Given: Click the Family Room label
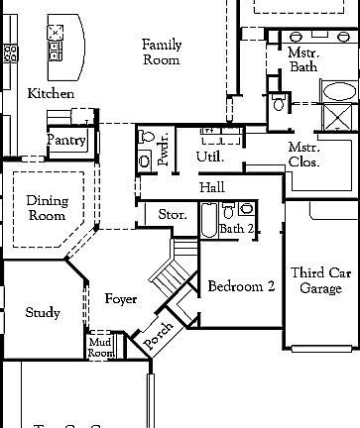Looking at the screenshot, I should point(161,52).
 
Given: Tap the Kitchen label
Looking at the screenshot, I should point(50,93).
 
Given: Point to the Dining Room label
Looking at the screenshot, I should point(47,208).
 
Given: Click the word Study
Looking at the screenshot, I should point(43,313).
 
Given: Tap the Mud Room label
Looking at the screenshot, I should point(101,347).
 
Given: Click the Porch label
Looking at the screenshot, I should point(159,333).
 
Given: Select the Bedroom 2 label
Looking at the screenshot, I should point(241,287).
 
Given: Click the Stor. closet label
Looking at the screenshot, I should point(174,215).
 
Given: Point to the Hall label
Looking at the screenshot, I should point(212,187).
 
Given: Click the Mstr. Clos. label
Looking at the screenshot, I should point(303,155).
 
